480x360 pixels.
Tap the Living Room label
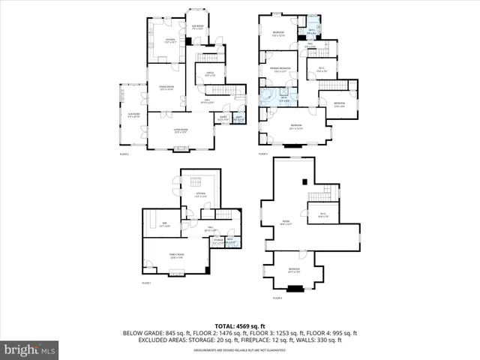181,130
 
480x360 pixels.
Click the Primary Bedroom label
280,70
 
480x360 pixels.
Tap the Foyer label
223,119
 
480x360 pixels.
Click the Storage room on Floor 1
217,241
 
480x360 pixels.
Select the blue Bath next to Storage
231,241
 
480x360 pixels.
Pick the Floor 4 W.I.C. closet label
322,216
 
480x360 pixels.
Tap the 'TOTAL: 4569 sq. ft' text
240,325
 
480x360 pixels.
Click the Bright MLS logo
31,349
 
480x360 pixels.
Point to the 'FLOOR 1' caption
146,283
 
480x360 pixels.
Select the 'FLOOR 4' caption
277,298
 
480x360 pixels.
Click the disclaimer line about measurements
240,350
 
